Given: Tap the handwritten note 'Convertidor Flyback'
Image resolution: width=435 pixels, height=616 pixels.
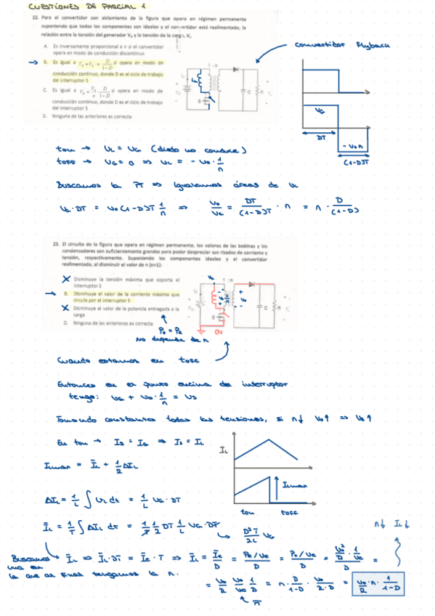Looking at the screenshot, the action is [342, 45].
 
